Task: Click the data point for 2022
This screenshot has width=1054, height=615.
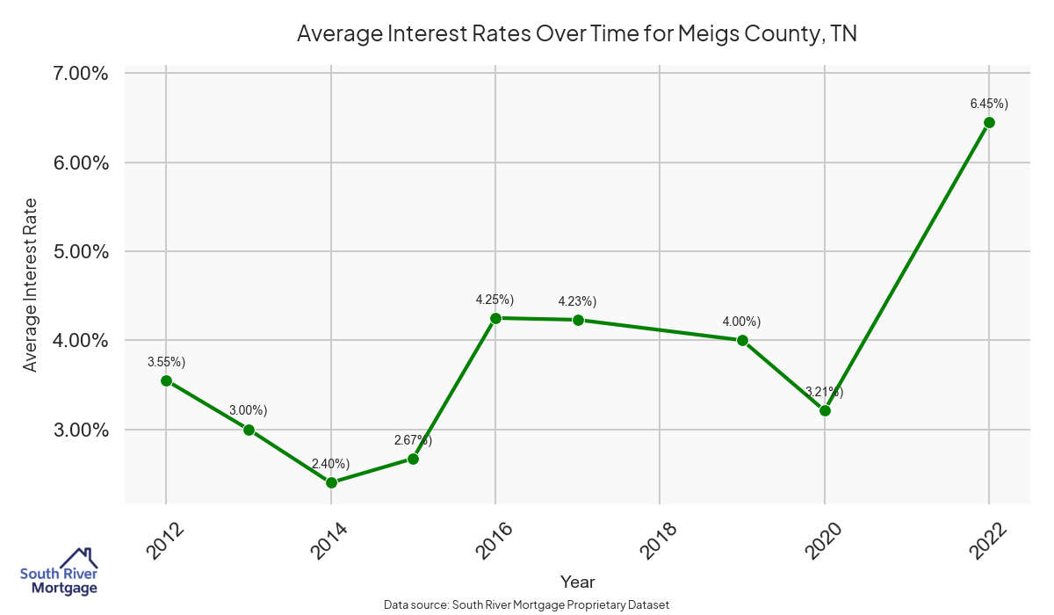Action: tap(989, 122)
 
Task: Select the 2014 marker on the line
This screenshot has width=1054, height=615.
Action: tap(331, 482)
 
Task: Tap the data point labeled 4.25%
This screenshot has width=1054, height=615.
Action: tap(495, 318)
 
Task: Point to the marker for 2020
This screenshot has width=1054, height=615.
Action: tap(825, 410)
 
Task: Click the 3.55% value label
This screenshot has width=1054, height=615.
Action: tap(166, 362)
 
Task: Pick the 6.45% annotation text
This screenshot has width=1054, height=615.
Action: tap(989, 104)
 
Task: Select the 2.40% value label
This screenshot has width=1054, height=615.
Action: tap(331, 464)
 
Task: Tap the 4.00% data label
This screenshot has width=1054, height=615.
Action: tap(742, 322)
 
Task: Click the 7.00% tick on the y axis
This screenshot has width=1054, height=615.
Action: tap(76, 73)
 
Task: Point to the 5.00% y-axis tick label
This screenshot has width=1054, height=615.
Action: tap(76, 251)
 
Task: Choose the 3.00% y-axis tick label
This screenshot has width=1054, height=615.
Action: tap(76, 430)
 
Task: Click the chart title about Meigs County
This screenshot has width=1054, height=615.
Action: tap(576, 34)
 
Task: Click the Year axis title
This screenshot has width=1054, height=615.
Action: tap(577, 582)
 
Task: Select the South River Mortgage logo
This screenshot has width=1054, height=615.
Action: tap(59, 572)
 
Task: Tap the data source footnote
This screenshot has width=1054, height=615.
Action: tap(527, 604)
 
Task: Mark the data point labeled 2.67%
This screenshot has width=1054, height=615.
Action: tap(413, 459)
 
